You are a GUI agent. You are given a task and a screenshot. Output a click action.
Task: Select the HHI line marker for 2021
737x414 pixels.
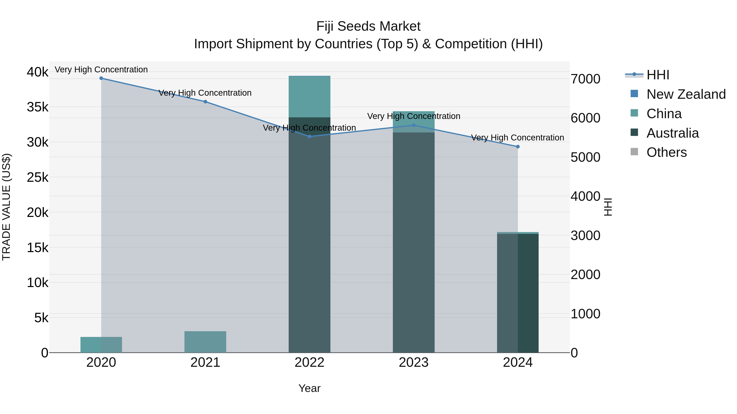click(x=205, y=102)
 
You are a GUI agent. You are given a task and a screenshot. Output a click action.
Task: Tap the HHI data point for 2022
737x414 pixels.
click(x=309, y=137)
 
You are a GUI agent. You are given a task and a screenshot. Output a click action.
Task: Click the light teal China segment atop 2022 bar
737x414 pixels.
click(x=309, y=96)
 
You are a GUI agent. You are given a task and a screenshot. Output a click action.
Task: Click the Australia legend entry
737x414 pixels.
click(x=672, y=133)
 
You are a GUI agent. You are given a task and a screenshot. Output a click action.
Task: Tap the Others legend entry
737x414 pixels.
click(x=666, y=152)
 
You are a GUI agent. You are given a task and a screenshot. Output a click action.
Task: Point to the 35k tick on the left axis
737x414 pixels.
click(x=38, y=107)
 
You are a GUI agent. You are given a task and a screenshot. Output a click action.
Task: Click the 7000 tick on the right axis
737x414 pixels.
click(x=585, y=79)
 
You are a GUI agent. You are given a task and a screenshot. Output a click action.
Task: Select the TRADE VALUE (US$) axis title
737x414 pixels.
click(x=6, y=207)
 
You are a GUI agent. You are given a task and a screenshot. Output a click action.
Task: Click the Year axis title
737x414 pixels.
click(x=309, y=388)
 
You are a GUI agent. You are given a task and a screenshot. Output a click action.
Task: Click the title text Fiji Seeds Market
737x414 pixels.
click(x=368, y=26)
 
